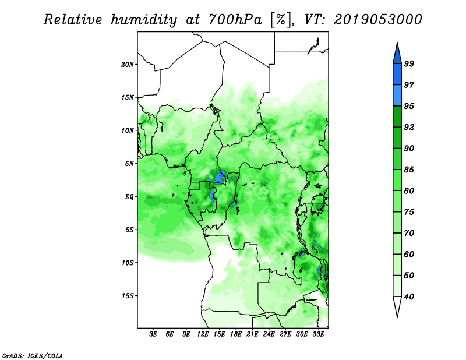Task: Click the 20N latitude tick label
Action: [127, 65]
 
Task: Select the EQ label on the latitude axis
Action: [129, 197]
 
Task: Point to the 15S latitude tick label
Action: [127, 296]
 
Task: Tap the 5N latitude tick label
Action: [129, 164]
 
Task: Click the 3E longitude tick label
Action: [153, 334]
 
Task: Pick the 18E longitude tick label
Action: [236, 334]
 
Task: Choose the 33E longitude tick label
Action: [318, 334]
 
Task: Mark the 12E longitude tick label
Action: [203, 334]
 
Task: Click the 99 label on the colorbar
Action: [409, 63]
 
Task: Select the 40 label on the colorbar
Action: [409, 297]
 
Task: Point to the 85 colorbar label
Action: [409, 170]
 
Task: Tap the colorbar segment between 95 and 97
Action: [397, 96]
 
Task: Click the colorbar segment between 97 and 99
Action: [397, 75]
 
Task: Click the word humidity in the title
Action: [144, 20]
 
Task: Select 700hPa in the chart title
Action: [235, 19]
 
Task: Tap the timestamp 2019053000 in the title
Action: [377, 19]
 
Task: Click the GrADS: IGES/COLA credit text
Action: [33, 355]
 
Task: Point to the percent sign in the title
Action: [280, 20]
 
